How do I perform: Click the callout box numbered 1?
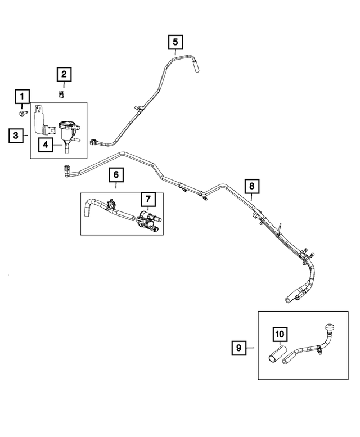pos(22,96)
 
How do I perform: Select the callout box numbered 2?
pos(64,74)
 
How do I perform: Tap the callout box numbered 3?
pos(17,136)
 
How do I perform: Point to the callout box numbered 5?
pos(175,42)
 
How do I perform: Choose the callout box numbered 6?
pos(116,175)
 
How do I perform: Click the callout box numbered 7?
pos(147,199)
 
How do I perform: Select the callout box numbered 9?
pos(238,349)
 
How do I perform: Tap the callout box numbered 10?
pos(280,334)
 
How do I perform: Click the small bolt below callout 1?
pos(22,114)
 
